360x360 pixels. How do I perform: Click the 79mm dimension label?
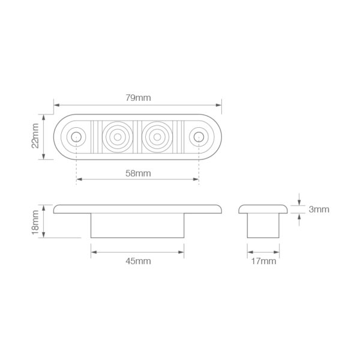138,98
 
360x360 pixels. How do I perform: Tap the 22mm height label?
35,136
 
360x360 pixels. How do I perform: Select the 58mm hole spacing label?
138,173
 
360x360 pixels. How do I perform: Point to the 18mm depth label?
35,222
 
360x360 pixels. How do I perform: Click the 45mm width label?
138,261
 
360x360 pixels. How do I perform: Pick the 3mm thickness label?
319,209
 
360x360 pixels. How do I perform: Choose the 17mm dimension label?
263,261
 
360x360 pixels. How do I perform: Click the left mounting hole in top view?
76,137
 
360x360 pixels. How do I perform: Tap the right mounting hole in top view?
199,137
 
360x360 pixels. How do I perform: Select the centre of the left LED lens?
118,137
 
